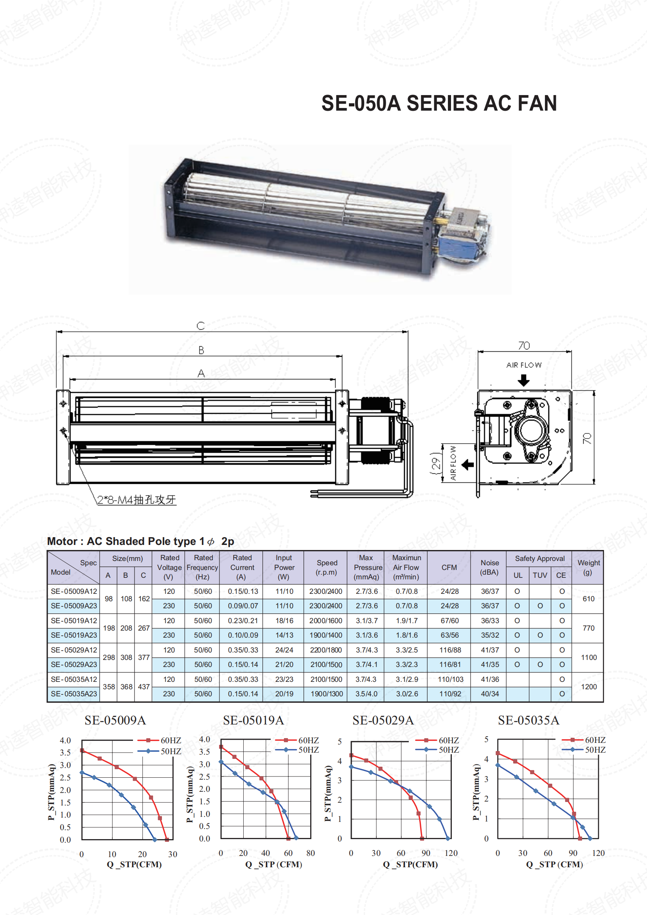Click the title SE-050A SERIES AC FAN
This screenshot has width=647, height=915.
point(439,103)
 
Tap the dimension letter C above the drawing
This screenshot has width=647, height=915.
point(201,325)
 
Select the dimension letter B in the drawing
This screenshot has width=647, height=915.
point(201,350)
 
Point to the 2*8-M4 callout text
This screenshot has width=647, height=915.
point(136,500)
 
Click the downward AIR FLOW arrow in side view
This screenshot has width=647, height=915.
point(523,381)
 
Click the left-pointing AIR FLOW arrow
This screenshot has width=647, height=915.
point(468,465)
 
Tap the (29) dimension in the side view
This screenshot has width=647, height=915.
point(436,463)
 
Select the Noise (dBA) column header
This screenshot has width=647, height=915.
point(489,568)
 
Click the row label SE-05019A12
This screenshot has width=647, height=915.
point(74,620)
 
